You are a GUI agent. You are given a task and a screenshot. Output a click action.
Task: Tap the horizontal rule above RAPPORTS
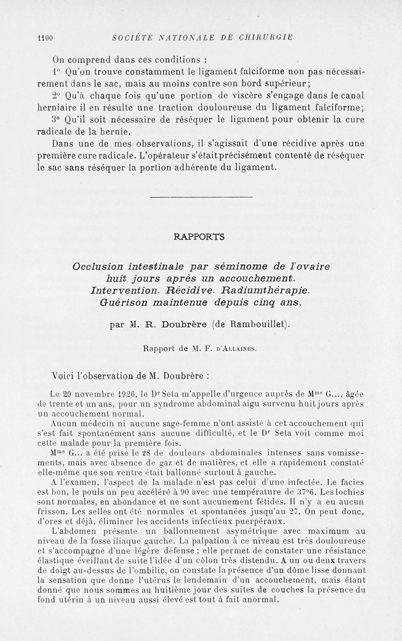click(x=201, y=196)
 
